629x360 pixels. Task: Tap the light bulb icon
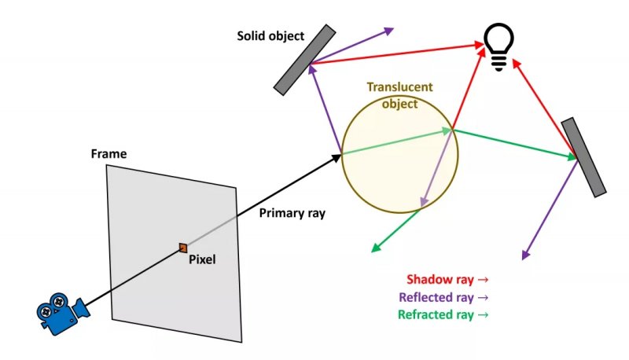tap(498, 46)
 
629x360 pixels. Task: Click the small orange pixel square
tap(182, 248)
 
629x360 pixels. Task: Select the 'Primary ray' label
tap(291, 212)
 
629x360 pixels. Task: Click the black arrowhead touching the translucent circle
tap(336, 157)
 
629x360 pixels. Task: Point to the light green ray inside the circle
tap(397, 142)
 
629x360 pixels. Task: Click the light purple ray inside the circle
tap(437, 169)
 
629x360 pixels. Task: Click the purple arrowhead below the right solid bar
tap(524, 254)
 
